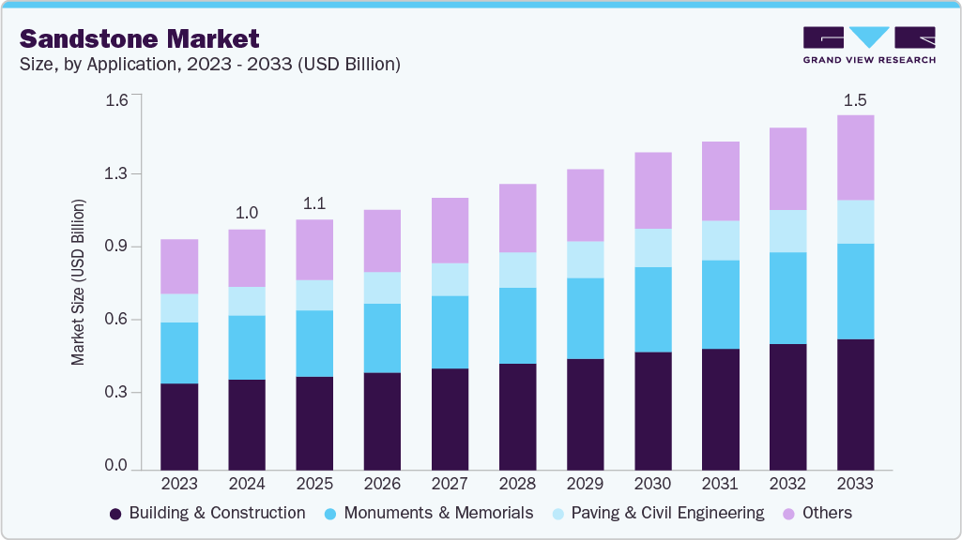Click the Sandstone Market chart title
click(139, 38)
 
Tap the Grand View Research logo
click(869, 45)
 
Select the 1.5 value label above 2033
click(855, 100)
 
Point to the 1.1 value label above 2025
click(314, 203)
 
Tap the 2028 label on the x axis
click(517, 484)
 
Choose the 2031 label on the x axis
click(720, 484)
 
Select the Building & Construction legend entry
click(207, 514)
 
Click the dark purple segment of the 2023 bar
click(179, 427)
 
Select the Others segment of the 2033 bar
click(855, 157)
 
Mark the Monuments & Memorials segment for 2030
click(652, 309)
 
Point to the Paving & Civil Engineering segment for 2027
click(450, 279)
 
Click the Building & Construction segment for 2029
click(585, 413)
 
